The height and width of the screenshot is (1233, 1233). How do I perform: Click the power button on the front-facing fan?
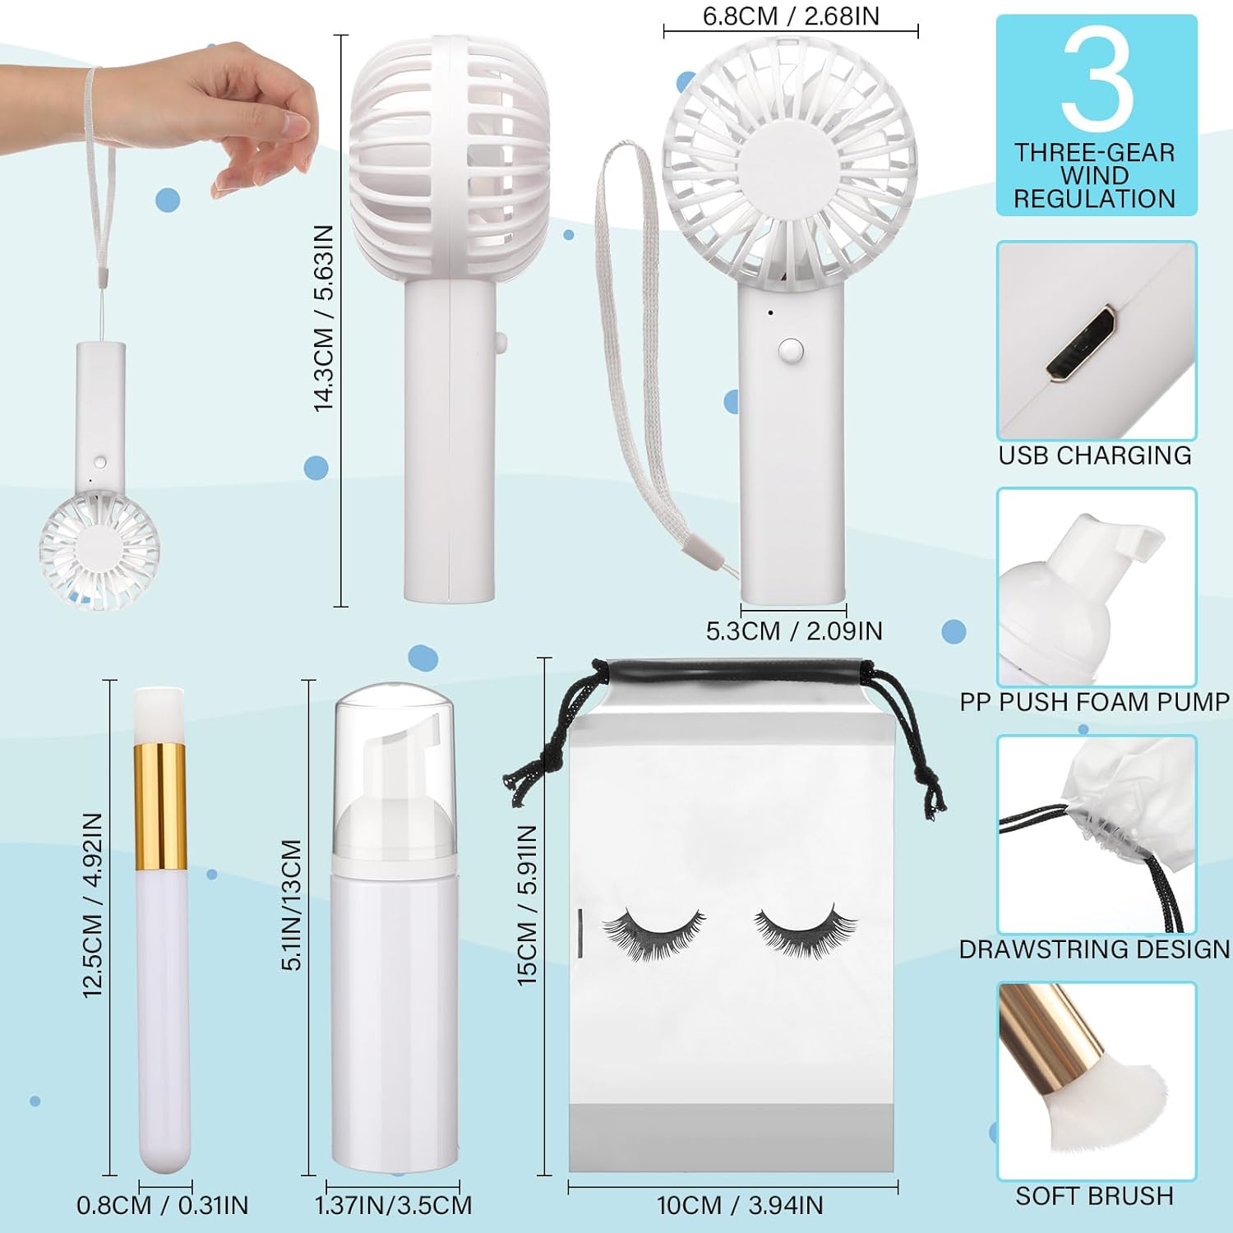click(x=790, y=351)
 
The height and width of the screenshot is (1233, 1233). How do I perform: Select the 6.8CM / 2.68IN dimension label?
click(x=790, y=16)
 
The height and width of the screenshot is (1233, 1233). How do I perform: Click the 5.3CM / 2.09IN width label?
click(x=793, y=631)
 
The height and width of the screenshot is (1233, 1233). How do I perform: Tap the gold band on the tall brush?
click(x=159, y=806)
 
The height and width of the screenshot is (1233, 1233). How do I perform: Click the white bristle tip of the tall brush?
click(x=159, y=713)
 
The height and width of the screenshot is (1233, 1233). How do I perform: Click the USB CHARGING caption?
click(x=1095, y=455)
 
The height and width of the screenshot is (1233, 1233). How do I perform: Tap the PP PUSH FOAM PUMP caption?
click(x=1095, y=702)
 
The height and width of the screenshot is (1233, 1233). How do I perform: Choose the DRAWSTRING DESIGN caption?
click(x=1095, y=949)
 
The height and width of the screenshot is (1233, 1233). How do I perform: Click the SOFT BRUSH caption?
click(x=1095, y=1196)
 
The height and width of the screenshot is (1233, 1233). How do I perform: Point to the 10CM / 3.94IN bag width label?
click(x=740, y=1206)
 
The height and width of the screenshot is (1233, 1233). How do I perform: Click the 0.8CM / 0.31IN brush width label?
click(x=163, y=1206)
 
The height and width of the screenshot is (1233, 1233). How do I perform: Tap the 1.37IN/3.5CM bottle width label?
click(x=393, y=1206)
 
